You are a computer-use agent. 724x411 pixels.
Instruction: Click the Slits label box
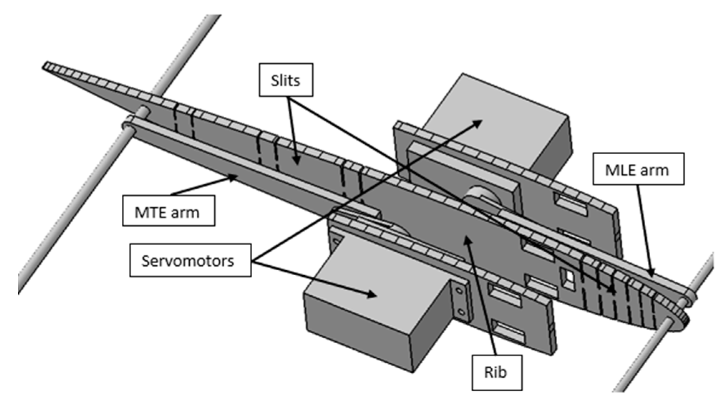286,80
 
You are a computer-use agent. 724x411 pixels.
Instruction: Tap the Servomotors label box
190,260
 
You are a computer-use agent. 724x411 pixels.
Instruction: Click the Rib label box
496,372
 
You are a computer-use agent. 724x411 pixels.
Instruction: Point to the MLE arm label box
638,169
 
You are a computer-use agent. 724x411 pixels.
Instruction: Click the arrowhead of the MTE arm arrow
234,177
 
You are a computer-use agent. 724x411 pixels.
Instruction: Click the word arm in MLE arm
655,170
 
